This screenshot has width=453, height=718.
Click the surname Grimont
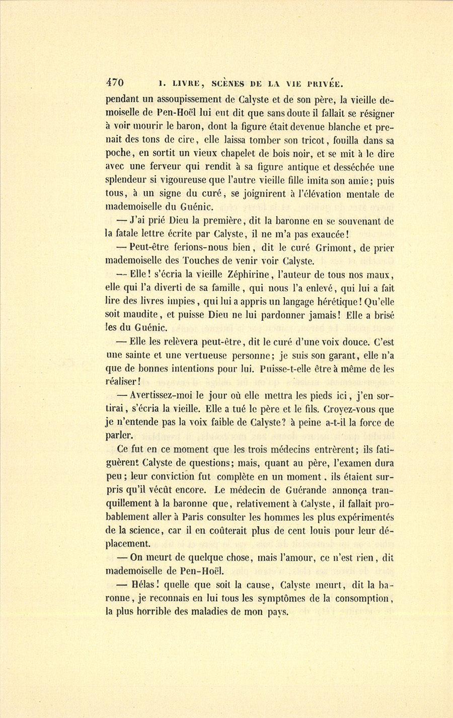(346, 247)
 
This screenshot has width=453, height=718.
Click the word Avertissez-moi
(161, 395)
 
